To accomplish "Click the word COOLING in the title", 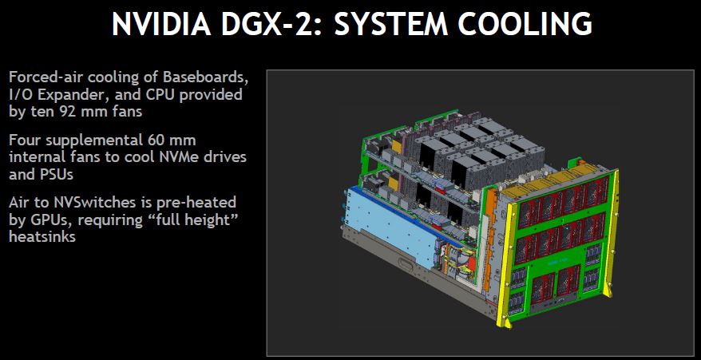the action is click(x=521, y=24).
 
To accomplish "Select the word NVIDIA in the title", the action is click(x=161, y=24).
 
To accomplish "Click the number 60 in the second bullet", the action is click(x=154, y=140).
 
